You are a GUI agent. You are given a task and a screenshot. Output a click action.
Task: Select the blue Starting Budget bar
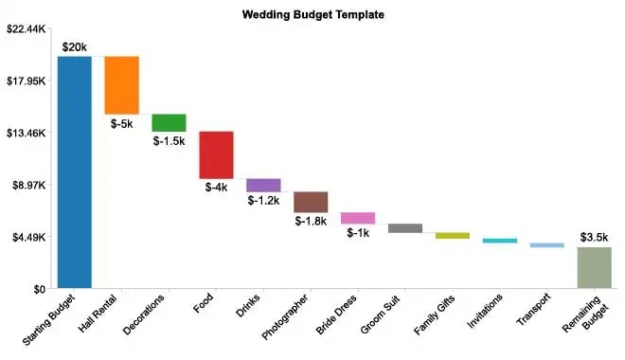(x=75, y=171)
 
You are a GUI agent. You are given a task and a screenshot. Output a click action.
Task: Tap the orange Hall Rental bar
(x=122, y=85)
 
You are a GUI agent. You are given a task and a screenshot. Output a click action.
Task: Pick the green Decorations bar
(x=170, y=123)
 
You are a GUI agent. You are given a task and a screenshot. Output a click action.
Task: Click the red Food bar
(x=216, y=154)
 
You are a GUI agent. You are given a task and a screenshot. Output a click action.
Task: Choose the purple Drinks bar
(x=263, y=185)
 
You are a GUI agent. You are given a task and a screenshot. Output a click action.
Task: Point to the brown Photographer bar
(x=311, y=202)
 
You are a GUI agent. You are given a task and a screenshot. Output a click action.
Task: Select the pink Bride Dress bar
(x=358, y=218)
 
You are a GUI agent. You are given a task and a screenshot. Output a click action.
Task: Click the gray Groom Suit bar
(x=405, y=228)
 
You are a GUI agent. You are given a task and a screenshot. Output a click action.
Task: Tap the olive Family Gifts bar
(x=453, y=235)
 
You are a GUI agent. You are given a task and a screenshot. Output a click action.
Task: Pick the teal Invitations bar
(x=500, y=241)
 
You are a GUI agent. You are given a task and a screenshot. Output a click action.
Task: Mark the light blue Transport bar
(x=547, y=245)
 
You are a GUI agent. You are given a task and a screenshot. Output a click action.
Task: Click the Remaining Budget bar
(x=595, y=267)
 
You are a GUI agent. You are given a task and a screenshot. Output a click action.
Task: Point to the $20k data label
(x=75, y=46)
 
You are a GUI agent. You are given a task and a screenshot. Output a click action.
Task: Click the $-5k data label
(x=122, y=123)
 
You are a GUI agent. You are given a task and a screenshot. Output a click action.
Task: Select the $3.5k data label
(x=595, y=237)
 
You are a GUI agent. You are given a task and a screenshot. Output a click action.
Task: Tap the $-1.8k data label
(x=311, y=221)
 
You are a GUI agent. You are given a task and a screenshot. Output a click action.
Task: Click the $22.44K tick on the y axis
(x=26, y=29)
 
